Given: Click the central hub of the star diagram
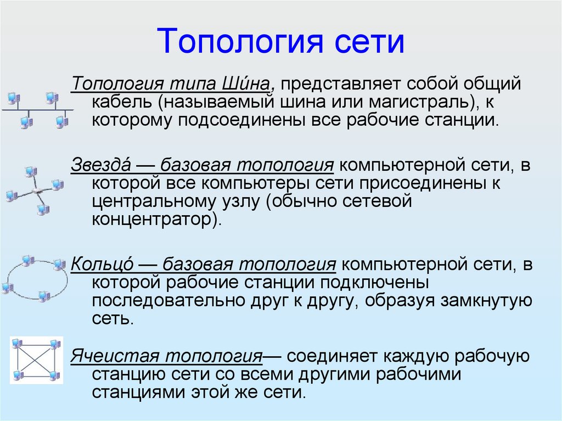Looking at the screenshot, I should click(x=37, y=191).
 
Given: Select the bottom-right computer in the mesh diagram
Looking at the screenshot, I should click(x=54, y=375).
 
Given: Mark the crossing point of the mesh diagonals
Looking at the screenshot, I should click(x=36, y=361).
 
